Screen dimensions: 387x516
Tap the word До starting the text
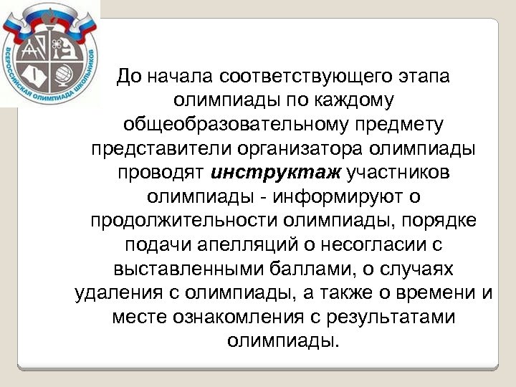[x=132, y=77]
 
